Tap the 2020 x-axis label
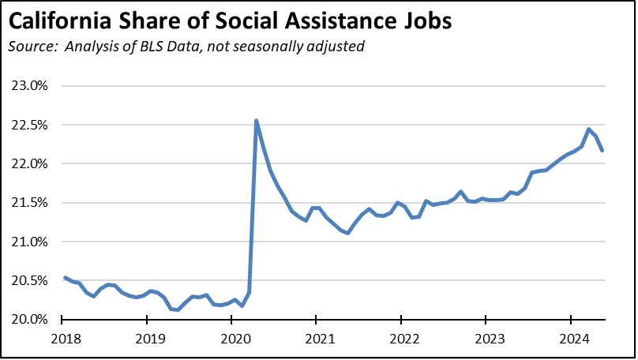(231, 339)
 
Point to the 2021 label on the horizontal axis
(316, 339)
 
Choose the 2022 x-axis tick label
(401, 339)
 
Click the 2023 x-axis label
(486, 339)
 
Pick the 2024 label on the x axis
(570, 339)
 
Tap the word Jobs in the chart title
(426, 21)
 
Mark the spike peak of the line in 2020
(256, 121)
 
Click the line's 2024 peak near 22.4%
(588, 129)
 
